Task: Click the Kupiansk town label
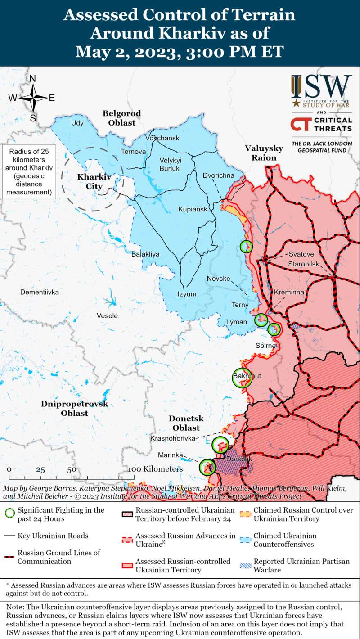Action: [x=193, y=209]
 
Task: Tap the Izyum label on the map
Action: [x=187, y=294]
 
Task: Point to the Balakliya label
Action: [x=145, y=254]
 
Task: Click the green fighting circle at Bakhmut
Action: [x=242, y=378]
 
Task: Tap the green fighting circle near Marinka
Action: [x=207, y=467]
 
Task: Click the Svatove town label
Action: [x=301, y=254]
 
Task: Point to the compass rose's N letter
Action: [x=32, y=79]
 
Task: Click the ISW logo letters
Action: [x=322, y=85]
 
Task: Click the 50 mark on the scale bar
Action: [x=72, y=469]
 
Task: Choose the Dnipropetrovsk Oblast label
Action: [x=75, y=408]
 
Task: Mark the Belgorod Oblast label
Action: [x=121, y=118]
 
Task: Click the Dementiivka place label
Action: [x=40, y=292]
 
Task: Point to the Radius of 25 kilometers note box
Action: [x=29, y=171]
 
